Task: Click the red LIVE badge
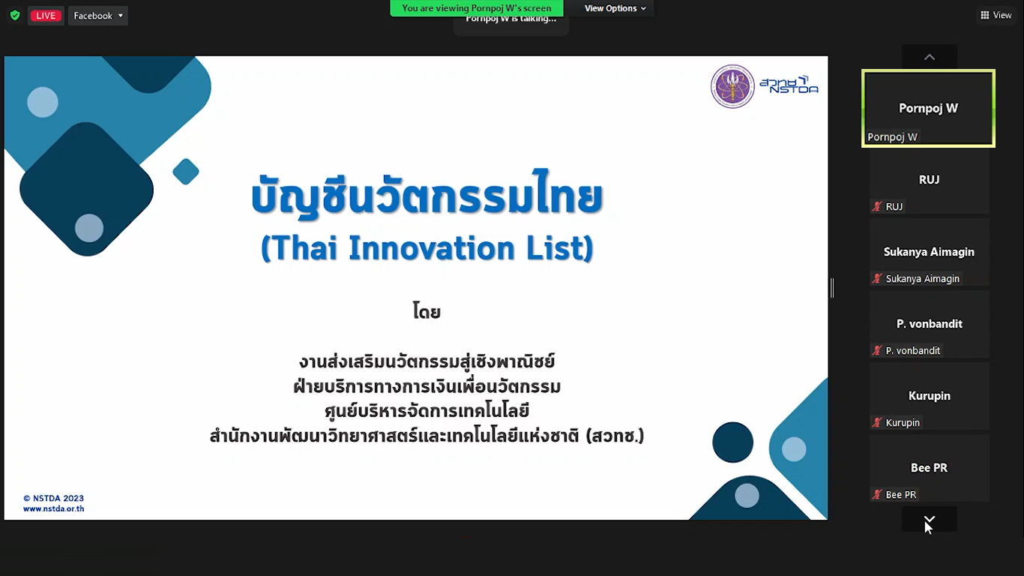click(x=46, y=16)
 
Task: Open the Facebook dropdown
click(x=98, y=16)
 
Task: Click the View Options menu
click(x=615, y=8)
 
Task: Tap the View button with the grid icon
click(x=996, y=15)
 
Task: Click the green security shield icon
click(x=15, y=16)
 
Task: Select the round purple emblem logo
click(x=732, y=86)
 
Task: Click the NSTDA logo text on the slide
click(x=789, y=85)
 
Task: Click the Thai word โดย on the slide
click(x=427, y=311)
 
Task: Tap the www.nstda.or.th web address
click(x=54, y=508)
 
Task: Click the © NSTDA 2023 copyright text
click(x=53, y=498)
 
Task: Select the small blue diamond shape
click(x=186, y=172)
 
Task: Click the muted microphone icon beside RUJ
click(x=876, y=206)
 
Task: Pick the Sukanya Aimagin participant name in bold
click(x=929, y=252)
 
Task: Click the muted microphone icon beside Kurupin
click(x=876, y=422)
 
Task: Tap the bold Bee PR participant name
click(x=929, y=467)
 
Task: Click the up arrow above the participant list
click(x=930, y=57)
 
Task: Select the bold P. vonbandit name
click(x=929, y=324)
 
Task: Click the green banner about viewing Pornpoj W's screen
click(x=476, y=8)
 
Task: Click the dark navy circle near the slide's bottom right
click(x=733, y=442)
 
